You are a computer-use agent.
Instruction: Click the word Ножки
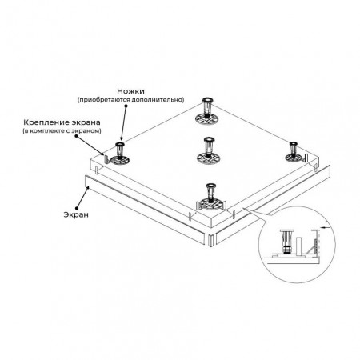click(130, 91)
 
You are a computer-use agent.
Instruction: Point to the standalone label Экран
click(76, 214)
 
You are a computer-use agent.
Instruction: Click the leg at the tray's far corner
click(207, 111)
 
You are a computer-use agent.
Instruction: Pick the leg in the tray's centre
click(209, 150)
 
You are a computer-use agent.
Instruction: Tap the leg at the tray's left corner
click(120, 154)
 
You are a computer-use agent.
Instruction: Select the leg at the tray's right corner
click(294, 152)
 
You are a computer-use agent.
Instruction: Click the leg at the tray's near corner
click(210, 197)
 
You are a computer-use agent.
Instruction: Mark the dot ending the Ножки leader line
click(126, 106)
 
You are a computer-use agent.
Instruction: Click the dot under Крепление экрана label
click(76, 136)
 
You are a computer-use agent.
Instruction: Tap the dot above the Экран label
click(77, 208)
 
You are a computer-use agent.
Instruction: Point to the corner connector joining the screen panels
click(210, 240)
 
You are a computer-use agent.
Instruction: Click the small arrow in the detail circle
click(326, 227)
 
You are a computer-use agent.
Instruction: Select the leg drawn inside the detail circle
click(286, 242)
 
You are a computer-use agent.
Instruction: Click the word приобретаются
click(103, 100)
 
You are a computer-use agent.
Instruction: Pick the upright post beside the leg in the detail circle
click(299, 246)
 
